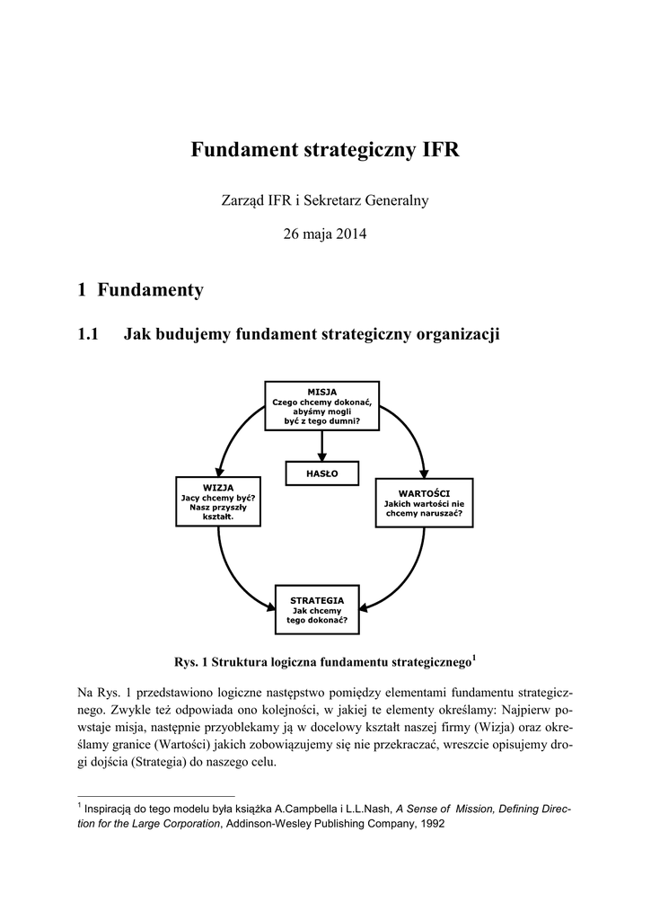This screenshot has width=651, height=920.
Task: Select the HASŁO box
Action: click(321, 473)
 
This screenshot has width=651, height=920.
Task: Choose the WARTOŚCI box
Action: click(424, 502)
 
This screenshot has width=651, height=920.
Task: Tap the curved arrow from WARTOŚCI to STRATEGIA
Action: click(411, 575)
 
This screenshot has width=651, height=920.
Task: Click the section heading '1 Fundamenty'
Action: click(141, 290)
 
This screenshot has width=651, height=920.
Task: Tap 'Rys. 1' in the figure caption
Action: click(191, 663)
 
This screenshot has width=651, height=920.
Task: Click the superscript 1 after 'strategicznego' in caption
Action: click(474, 659)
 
